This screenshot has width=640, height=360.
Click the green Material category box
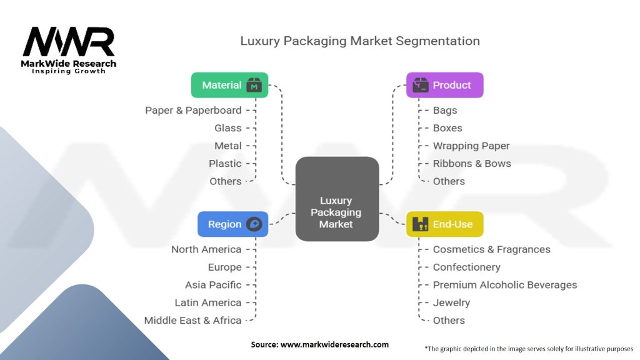(229, 85)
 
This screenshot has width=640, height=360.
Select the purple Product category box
(444, 85)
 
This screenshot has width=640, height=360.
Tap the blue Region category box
(232, 224)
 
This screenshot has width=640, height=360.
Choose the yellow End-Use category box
(444, 224)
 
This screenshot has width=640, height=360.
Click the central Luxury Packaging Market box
(337, 199)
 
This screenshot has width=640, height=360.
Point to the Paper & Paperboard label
(193, 110)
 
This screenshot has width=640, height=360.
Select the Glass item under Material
(227, 128)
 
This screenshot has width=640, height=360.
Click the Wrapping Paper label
(471, 146)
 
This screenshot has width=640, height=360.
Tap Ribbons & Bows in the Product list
(472, 163)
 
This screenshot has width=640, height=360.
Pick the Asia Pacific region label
(213, 285)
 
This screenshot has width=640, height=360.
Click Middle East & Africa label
(192, 321)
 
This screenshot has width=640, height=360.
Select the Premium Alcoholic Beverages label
(505, 285)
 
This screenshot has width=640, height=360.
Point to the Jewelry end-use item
(451, 303)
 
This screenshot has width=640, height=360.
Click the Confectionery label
(466, 267)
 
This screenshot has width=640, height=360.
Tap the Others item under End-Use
(449, 321)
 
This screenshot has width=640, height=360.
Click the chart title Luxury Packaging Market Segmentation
(360, 41)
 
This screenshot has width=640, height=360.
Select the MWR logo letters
(69, 42)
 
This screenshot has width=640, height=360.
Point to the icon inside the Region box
(254, 224)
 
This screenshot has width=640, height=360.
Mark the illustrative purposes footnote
(529, 349)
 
